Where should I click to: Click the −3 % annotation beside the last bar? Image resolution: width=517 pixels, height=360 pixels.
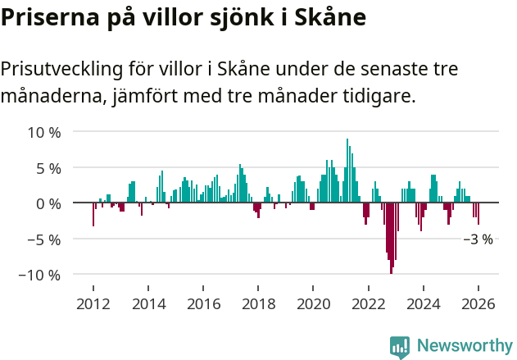pos(478,240)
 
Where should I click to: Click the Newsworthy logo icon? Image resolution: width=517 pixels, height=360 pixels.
pos(400,346)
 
